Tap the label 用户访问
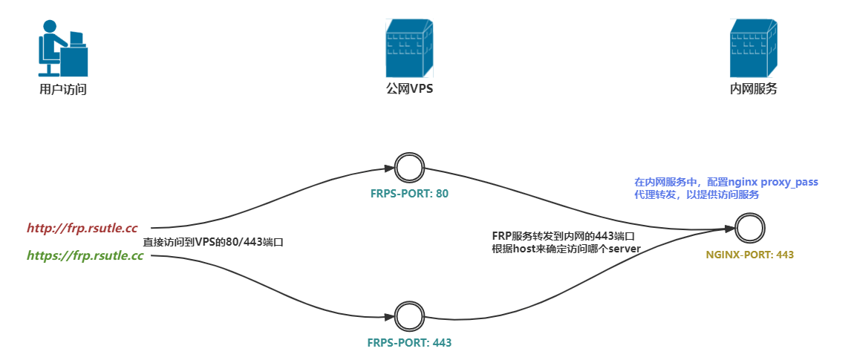pos(63,90)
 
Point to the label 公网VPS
pos(409,90)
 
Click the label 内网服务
pos(754,90)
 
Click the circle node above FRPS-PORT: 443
pos(408,316)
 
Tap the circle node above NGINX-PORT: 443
pos(750,227)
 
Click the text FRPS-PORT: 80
pos(410,194)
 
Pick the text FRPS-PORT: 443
pos(409,343)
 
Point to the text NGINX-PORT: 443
pos(750,255)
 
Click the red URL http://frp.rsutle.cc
pos(82,228)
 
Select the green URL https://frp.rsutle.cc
pos(85,256)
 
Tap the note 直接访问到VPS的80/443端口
pos(214,242)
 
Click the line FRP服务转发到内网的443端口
pos(563,235)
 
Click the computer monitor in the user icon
pos(76,38)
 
